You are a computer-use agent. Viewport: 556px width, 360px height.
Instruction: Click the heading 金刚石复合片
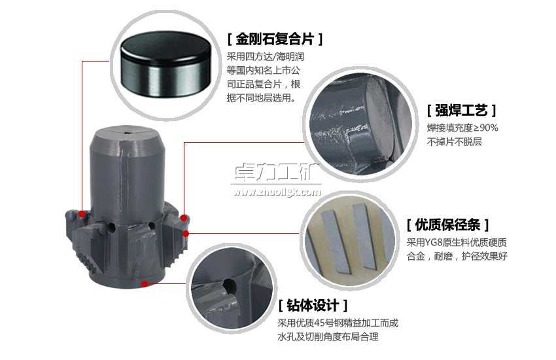click(275, 39)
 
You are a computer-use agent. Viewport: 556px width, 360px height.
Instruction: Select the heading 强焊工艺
click(461, 110)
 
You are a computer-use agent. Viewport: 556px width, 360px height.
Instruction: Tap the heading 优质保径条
click(447, 225)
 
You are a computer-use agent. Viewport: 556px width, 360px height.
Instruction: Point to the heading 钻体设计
click(312, 306)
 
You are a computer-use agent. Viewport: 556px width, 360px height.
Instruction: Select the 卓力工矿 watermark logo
click(274, 173)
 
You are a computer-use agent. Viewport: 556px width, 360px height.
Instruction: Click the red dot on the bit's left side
click(81, 214)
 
